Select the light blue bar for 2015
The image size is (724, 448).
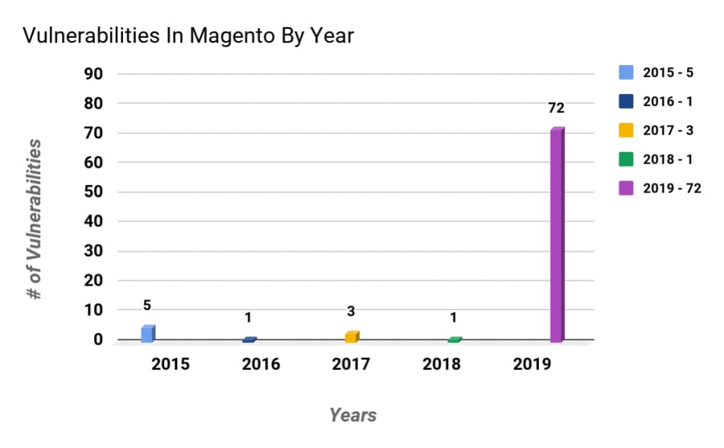pos(147,334)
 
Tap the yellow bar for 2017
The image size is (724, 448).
pos(351,337)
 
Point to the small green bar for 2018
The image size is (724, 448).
pos(454,340)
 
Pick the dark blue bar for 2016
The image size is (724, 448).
pos(249,340)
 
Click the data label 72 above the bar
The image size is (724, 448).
pos(557,109)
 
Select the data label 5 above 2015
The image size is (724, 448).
pos(147,305)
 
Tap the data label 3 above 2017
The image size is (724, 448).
pos(351,312)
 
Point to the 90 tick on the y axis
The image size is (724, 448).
pos(94,73)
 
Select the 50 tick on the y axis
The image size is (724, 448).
pos(94,192)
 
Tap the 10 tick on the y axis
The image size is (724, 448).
pos(94,310)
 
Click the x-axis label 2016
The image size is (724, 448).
pos(261,365)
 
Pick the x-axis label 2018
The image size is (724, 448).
pos(441,365)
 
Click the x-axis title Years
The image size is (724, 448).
pos(352,415)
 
